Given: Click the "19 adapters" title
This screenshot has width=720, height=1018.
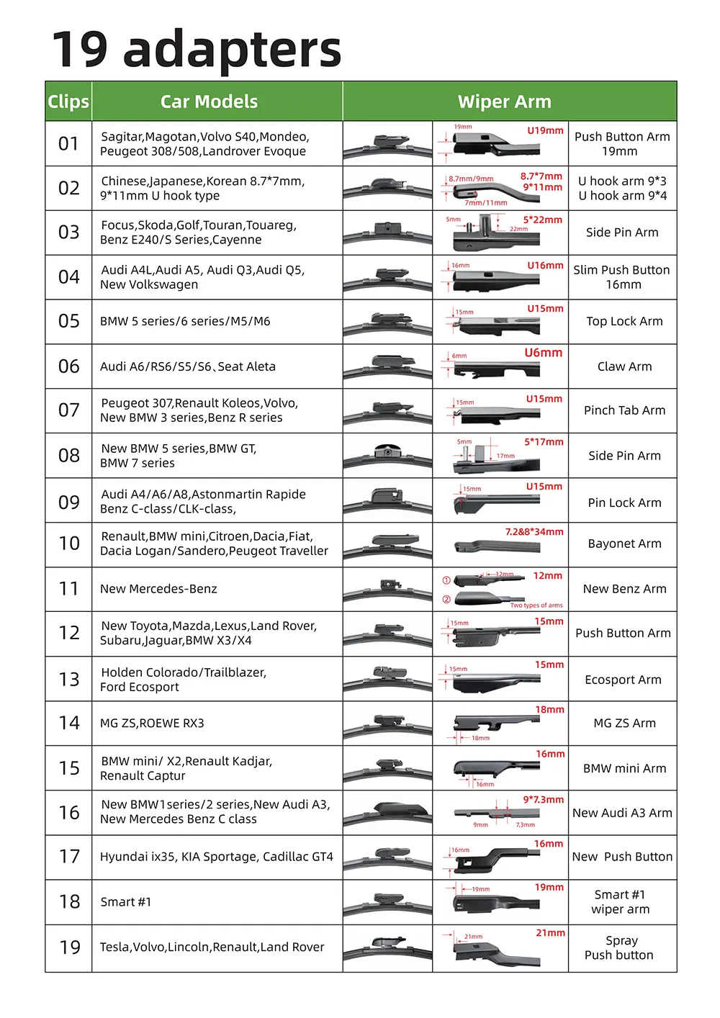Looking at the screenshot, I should point(196,49).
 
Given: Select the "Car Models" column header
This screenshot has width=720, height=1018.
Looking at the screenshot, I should point(209,102).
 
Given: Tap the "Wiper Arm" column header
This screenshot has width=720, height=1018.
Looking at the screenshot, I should point(504,102).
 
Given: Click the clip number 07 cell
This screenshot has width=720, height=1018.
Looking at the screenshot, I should point(69,410).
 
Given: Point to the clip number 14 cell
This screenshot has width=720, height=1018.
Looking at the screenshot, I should point(69,723).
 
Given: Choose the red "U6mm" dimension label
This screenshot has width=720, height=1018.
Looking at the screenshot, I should point(543,353).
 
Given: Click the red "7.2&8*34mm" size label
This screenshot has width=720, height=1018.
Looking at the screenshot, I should point(534,532).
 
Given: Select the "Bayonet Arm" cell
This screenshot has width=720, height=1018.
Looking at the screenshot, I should point(624,544).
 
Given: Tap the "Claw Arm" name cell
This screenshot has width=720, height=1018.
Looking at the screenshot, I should point(624,366).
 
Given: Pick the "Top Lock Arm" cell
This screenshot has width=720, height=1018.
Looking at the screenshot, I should point(624,321).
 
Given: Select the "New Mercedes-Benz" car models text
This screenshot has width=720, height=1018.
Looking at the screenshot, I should point(158,589).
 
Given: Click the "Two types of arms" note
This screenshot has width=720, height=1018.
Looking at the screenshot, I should point(536,605).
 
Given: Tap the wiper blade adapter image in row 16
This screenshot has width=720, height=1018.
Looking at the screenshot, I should point(387,813).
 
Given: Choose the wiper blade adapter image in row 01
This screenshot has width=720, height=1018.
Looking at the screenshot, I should point(387,144).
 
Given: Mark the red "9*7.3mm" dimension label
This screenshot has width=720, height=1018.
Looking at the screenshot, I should point(543,800).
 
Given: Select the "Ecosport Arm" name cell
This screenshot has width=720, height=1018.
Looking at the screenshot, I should point(623,680).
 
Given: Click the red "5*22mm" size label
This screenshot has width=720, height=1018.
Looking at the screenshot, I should point(543,220).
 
